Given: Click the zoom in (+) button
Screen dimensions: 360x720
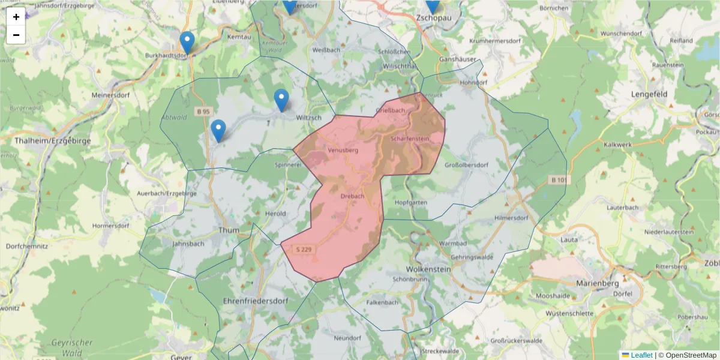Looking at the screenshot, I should point(16,17).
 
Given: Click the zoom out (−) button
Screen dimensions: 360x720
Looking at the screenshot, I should point(16,35).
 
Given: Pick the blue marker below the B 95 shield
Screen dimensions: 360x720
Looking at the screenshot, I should point(218,130).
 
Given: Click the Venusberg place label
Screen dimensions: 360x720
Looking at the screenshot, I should point(343,151).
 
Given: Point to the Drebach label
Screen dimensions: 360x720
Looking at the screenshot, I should point(352,196).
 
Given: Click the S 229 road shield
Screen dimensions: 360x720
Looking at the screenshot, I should point(304,249).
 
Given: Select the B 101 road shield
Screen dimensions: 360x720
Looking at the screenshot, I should point(559,180).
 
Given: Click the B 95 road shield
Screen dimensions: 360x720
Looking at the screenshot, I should point(204,112).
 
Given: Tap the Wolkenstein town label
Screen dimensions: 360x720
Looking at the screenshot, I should point(428,269).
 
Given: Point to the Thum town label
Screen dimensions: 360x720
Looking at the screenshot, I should point(230,230).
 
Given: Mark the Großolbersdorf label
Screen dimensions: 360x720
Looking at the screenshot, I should point(467,165).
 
